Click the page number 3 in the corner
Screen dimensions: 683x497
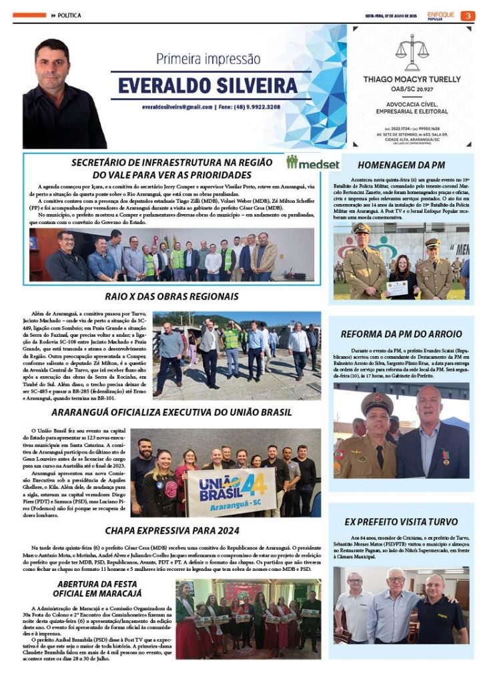[x=469, y=15]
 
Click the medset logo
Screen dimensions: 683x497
[x=313, y=163]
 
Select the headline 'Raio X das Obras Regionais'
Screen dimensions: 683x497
[x=171, y=296]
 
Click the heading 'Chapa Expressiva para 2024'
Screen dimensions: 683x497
[x=171, y=531]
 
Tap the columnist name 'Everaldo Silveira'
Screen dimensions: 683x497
[x=207, y=86]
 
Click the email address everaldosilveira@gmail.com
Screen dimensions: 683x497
[x=177, y=107]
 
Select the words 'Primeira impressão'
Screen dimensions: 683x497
[x=207, y=59]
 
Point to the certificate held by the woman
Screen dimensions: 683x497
[x=397, y=287]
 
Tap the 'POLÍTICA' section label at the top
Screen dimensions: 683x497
[x=69, y=15]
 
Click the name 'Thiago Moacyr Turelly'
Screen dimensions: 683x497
[x=412, y=79]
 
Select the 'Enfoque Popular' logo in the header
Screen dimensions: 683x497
[x=442, y=15]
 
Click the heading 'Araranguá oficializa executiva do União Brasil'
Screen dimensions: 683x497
[x=171, y=412]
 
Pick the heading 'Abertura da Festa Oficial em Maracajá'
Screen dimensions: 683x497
[x=103, y=588]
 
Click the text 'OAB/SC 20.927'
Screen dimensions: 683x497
[x=412, y=89]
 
